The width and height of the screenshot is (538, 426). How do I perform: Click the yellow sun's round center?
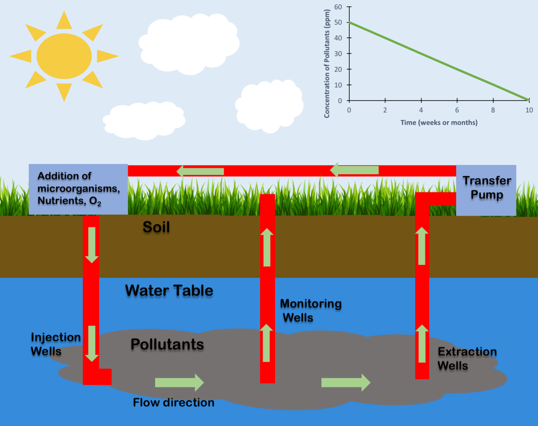click(x=64, y=56)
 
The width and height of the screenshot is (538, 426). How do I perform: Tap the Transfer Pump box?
click(x=486, y=189)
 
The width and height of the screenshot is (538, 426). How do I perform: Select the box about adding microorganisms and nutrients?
click(x=78, y=189)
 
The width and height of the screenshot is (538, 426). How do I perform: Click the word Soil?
click(x=156, y=227)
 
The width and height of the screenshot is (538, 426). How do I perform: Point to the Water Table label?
click(x=169, y=290)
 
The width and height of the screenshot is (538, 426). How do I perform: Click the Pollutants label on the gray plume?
click(x=167, y=344)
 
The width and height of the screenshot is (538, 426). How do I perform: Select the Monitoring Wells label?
click(x=310, y=310)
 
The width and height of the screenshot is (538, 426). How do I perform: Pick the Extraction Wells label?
click(x=467, y=359)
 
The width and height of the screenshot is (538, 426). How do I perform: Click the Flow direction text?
click(x=173, y=403)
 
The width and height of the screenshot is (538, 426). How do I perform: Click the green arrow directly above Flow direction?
click(x=179, y=382)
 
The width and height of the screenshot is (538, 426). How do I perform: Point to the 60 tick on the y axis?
click(x=338, y=7)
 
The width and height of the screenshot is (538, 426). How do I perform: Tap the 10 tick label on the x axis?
click(x=529, y=110)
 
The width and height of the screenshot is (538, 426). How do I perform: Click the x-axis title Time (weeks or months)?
click(x=439, y=123)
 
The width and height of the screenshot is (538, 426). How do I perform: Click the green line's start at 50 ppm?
click(x=350, y=23)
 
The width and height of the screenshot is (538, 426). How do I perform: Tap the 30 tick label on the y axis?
click(x=338, y=54)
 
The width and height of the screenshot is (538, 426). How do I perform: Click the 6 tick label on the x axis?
click(x=457, y=110)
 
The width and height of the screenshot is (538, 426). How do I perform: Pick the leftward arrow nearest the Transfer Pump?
click(x=354, y=170)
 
